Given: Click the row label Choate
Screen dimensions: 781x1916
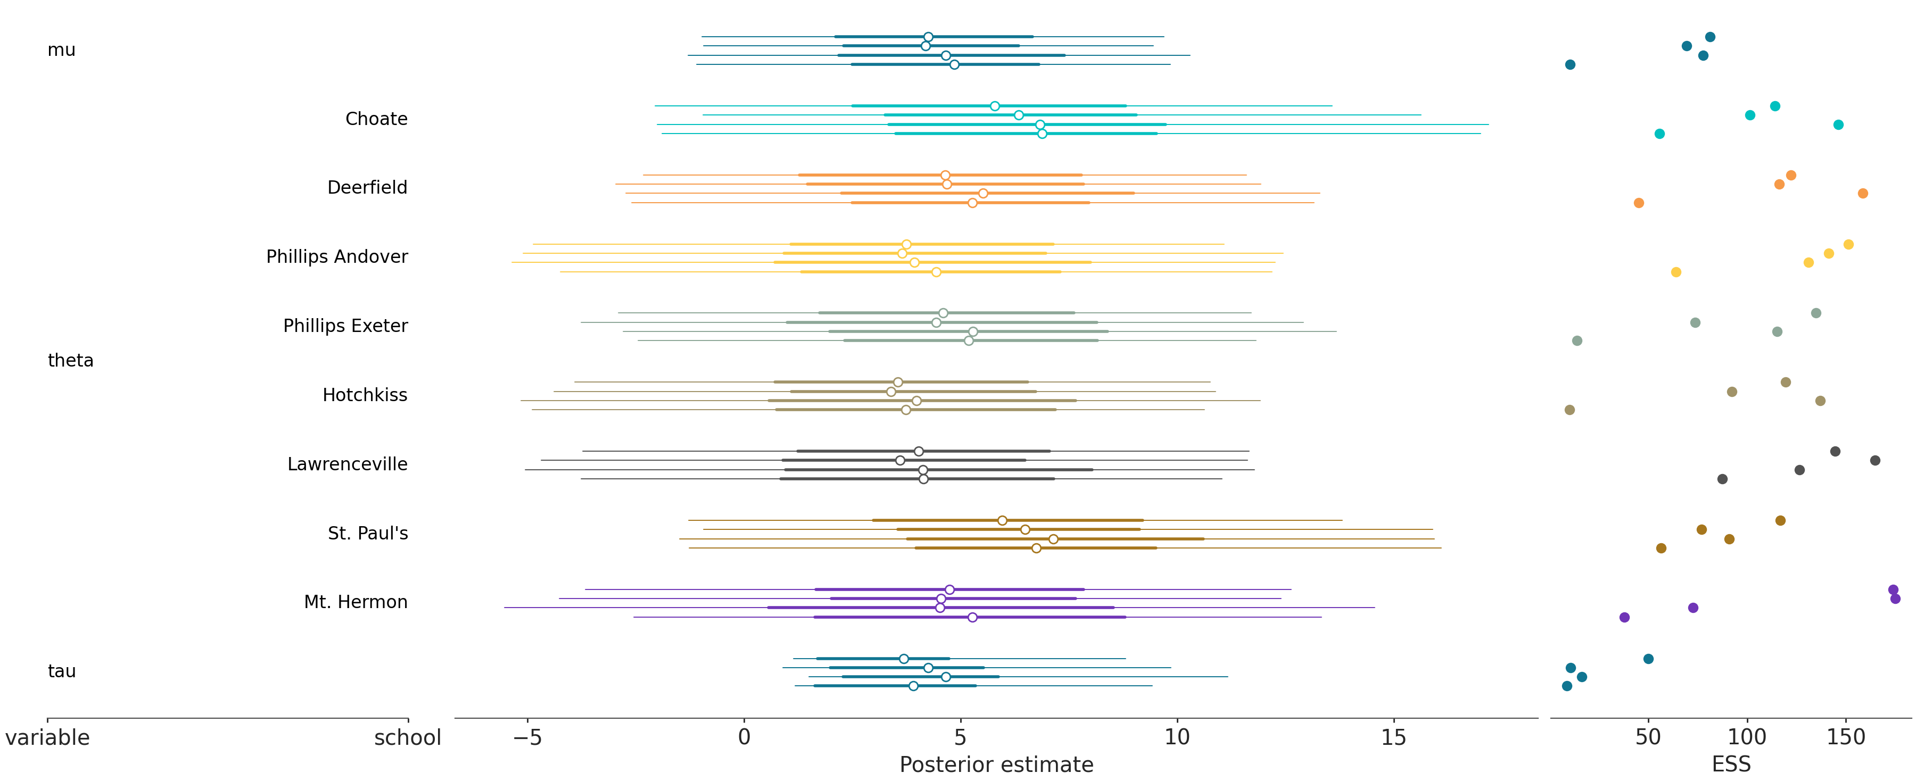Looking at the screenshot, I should point(376,119).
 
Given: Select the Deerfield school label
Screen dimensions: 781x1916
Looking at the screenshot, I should point(367,187).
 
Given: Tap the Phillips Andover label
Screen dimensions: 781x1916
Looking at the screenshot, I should point(336,256).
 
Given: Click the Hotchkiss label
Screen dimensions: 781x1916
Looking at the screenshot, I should point(365,395).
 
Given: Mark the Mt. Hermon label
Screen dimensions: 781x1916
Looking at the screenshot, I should point(356,602).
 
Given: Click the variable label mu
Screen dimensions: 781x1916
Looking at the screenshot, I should point(61,50).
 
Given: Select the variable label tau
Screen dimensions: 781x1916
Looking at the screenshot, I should point(61,671).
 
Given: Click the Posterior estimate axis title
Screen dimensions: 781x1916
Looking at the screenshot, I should point(996,765).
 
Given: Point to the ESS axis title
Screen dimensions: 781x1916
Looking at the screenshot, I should point(1731,765).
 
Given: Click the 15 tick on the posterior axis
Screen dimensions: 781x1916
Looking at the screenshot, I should point(1393,737).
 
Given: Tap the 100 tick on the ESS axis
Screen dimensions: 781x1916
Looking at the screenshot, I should point(1746,737).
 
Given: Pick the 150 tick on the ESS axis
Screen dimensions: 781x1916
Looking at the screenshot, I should point(1845,737).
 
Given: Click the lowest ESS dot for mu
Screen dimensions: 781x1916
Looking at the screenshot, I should point(1570,65).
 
